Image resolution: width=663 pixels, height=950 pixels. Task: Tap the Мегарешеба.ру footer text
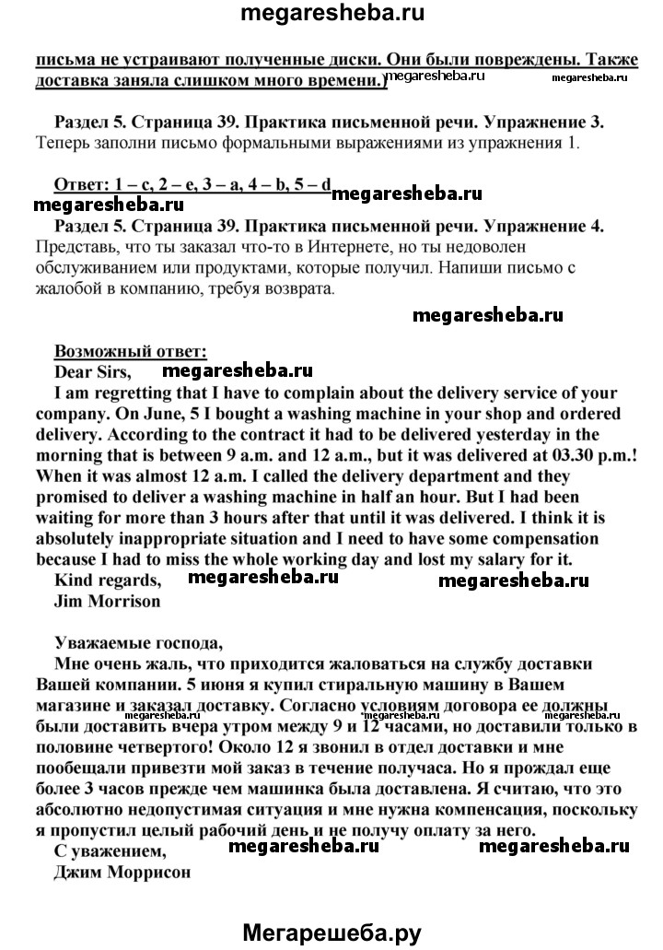331,932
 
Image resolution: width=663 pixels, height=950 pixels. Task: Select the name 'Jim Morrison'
107,601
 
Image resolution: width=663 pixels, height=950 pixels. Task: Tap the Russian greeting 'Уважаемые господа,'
139,641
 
